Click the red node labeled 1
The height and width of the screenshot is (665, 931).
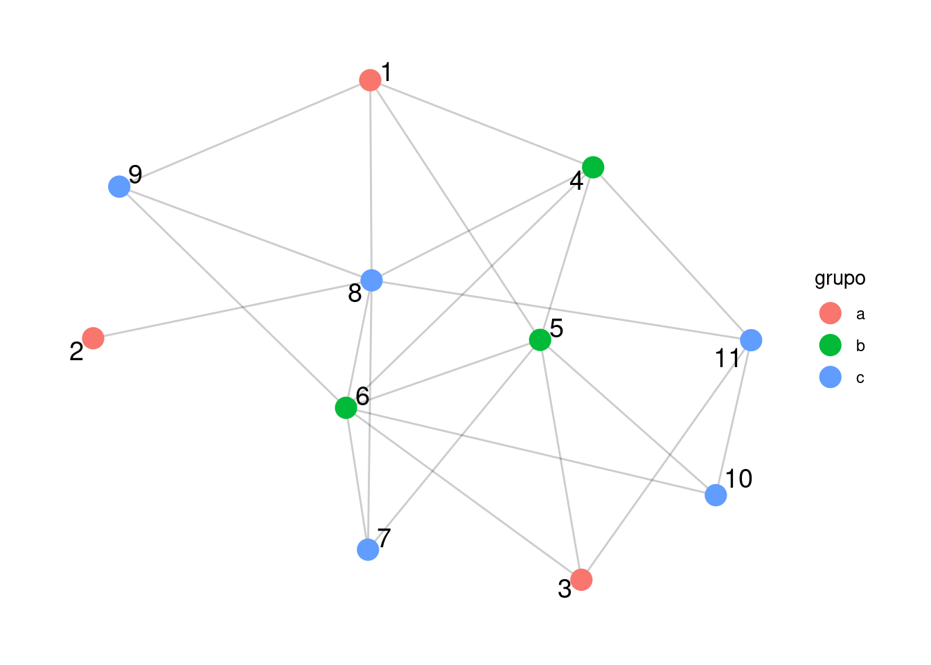[x=370, y=80]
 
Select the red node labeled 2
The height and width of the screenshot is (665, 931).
[x=93, y=338]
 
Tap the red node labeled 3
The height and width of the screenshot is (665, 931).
[x=581, y=580]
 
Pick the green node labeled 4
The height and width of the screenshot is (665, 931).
[x=593, y=167]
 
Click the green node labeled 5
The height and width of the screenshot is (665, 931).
[x=540, y=340]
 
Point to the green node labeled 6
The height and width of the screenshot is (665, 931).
[x=346, y=408]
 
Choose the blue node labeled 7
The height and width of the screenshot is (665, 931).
[x=368, y=549]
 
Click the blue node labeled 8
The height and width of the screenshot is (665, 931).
[x=371, y=281]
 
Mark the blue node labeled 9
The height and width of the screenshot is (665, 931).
[x=119, y=186]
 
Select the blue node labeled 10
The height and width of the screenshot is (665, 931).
[x=716, y=495]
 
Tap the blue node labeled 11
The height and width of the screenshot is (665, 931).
[x=751, y=340]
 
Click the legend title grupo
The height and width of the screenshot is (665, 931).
[x=840, y=278]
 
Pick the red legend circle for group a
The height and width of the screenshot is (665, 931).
[x=830, y=314]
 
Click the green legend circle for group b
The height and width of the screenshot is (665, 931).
[x=830, y=346]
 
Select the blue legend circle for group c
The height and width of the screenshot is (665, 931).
[x=830, y=378]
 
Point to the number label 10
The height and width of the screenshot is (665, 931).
[x=738, y=479]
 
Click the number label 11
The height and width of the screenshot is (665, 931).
[x=727, y=359]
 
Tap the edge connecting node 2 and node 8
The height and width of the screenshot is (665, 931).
[x=232, y=310]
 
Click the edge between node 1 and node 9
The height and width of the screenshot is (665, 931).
[x=245, y=134]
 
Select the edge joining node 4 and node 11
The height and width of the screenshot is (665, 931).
[x=672, y=254]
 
